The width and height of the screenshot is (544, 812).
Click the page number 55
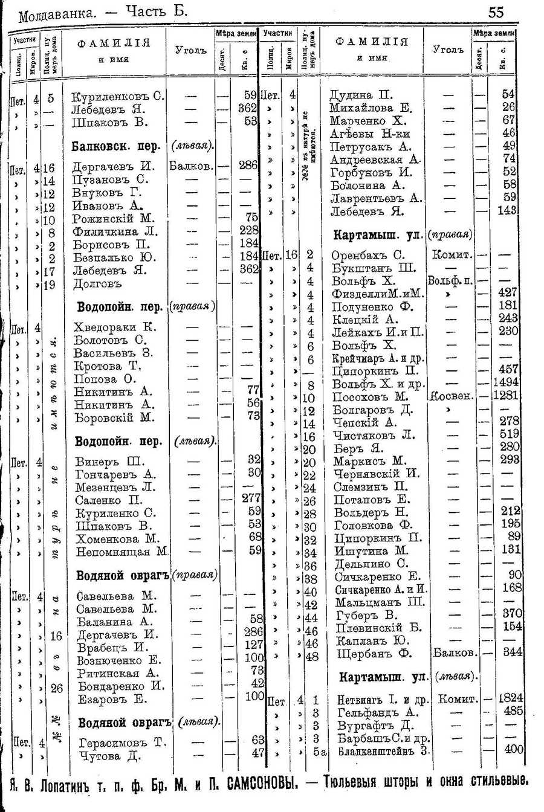pos(496,11)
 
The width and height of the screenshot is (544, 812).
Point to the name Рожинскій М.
pos(114,218)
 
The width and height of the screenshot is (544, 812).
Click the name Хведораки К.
pos(115,327)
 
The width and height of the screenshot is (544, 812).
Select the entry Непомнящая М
pos(121,552)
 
